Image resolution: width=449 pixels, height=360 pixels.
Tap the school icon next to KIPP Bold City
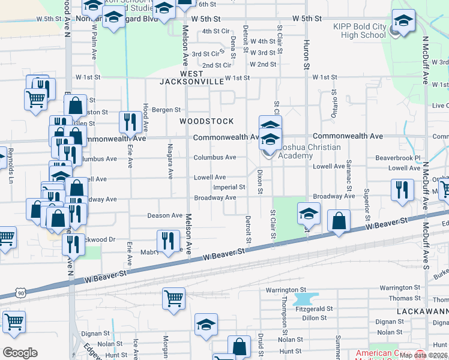[403, 22]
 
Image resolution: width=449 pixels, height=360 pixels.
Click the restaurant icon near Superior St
[402, 189]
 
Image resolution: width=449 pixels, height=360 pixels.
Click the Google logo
[20, 353]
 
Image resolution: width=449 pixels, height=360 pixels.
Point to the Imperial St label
[229, 187]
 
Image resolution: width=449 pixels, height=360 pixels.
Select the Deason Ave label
[164, 215]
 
